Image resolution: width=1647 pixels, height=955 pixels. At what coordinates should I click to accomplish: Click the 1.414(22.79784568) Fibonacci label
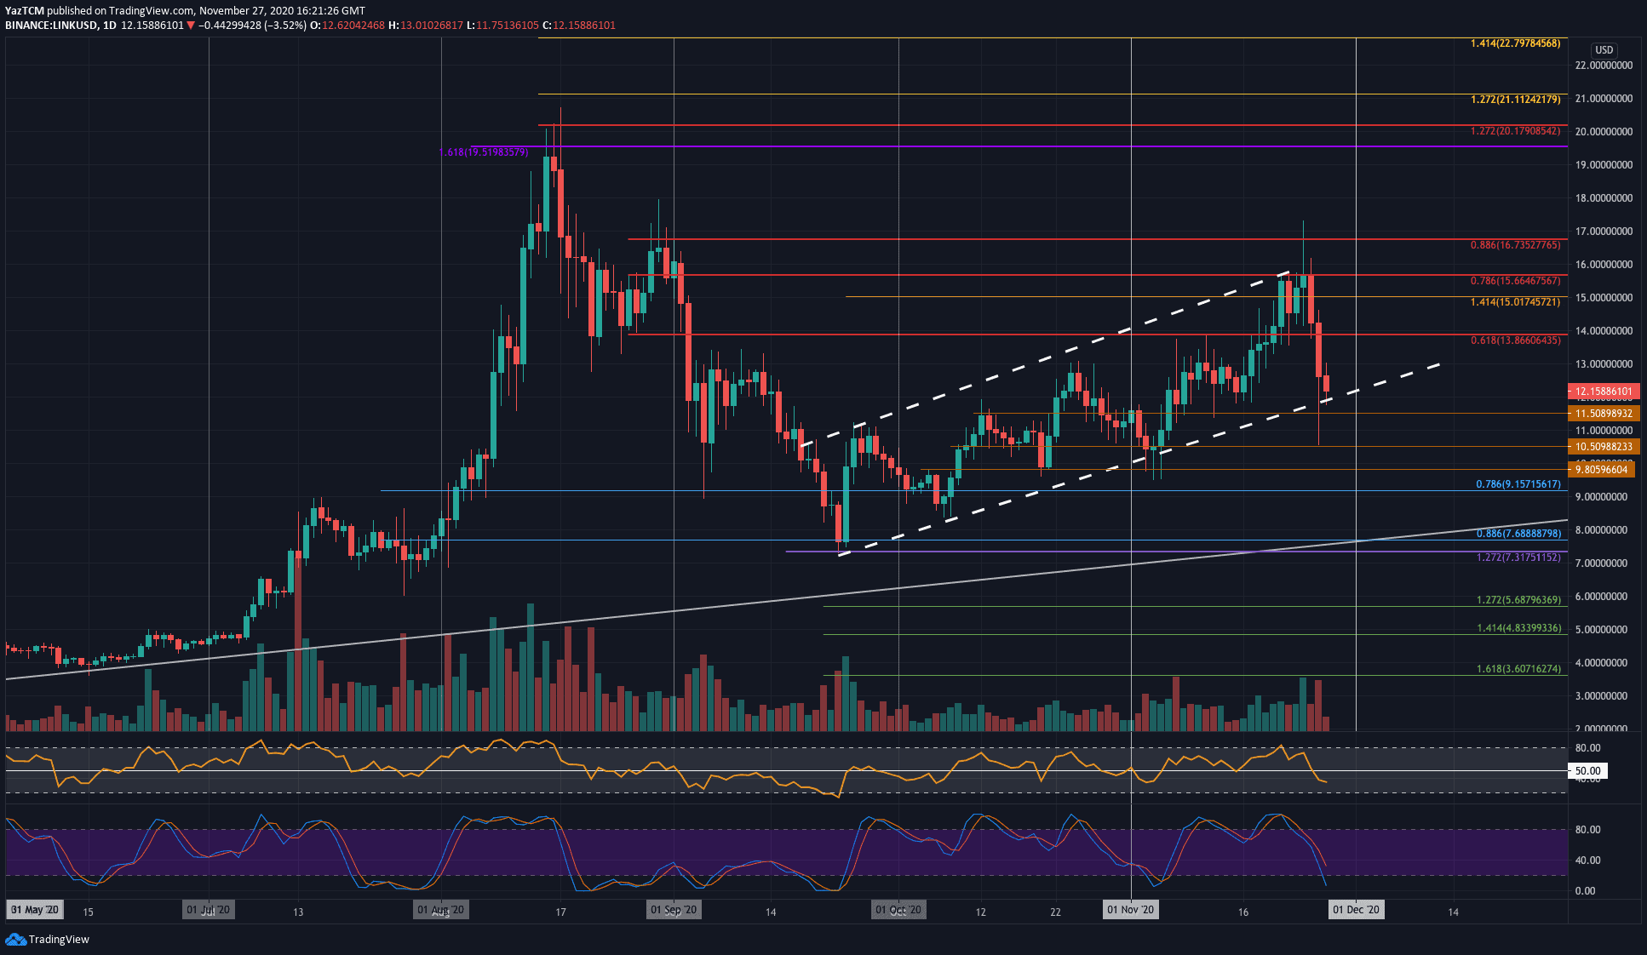click(1515, 43)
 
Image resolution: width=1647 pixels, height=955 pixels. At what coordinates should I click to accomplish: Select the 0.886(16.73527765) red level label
click(1515, 245)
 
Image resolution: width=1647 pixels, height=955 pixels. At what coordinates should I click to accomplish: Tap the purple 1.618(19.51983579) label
click(484, 152)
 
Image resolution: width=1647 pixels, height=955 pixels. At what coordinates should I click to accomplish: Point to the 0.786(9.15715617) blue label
click(1518, 484)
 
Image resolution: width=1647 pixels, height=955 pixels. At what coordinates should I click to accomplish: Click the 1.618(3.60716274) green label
click(1518, 669)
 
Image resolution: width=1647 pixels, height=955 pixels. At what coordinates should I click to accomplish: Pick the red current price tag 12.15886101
click(1604, 392)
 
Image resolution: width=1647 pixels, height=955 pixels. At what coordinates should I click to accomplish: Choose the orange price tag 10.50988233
click(1604, 447)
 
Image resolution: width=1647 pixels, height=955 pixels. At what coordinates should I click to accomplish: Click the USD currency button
click(1604, 50)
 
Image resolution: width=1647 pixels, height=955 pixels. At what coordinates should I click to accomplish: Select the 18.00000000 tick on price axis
click(1604, 198)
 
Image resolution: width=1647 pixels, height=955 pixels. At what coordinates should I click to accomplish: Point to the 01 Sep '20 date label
click(673, 910)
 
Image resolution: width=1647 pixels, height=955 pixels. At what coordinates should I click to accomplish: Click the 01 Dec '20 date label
click(1356, 910)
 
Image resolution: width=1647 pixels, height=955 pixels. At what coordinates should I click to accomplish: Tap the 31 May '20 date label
click(35, 910)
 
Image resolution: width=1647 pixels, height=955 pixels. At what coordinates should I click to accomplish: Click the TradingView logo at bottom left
click(48, 940)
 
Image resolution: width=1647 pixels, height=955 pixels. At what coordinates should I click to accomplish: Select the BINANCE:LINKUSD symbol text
click(49, 26)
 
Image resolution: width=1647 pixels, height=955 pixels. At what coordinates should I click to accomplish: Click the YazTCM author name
click(24, 11)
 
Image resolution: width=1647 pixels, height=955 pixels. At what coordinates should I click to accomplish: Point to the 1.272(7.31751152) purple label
click(1518, 558)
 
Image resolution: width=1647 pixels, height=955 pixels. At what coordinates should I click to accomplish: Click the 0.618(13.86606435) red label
click(1515, 340)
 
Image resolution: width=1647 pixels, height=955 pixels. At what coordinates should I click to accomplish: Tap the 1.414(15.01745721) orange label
click(1515, 302)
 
